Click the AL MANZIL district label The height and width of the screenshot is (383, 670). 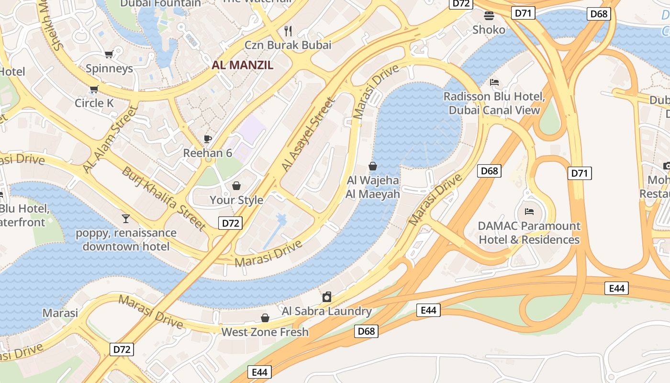pyautogui.click(x=242, y=65)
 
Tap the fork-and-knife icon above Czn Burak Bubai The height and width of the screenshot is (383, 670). pyautogui.click(x=288, y=31)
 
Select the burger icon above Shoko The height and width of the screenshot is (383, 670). pyautogui.click(x=489, y=16)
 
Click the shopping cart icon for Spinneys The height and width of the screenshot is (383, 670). pyautogui.click(x=109, y=55)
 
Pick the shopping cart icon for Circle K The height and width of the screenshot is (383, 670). pyautogui.click(x=94, y=89)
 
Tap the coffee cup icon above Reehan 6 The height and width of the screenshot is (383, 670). pyautogui.click(x=207, y=139)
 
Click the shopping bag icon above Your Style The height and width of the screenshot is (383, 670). pyautogui.click(x=236, y=186)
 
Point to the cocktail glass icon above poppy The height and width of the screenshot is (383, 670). pyautogui.click(x=126, y=219)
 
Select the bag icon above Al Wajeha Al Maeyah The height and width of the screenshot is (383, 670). pyautogui.click(x=373, y=166)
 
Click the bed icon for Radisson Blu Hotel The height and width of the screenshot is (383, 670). pyautogui.click(x=494, y=82)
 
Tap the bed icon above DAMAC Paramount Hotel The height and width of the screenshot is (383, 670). pyautogui.click(x=529, y=211)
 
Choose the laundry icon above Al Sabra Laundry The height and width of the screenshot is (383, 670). pyautogui.click(x=327, y=297)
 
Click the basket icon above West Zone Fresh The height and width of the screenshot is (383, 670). pyautogui.click(x=265, y=318)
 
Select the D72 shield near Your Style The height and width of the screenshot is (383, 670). pyautogui.click(x=230, y=223)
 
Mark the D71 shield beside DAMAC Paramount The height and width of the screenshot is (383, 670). pyautogui.click(x=579, y=173)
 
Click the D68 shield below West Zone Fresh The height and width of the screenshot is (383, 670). pyautogui.click(x=366, y=331)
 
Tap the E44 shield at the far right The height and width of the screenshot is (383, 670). pyautogui.click(x=616, y=288)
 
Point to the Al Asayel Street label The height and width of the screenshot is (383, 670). pyautogui.click(x=307, y=135)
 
